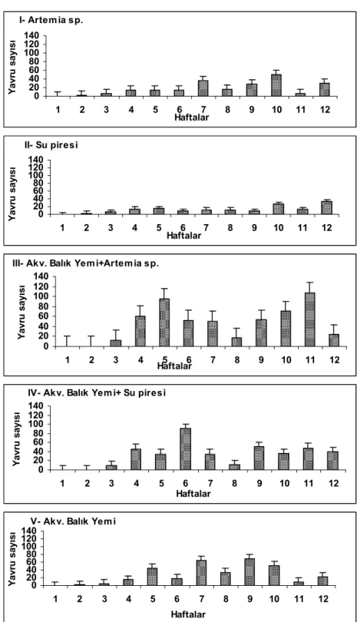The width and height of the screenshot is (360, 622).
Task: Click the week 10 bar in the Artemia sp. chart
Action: coord(276,85)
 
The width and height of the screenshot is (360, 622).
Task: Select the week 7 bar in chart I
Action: coord(203,88)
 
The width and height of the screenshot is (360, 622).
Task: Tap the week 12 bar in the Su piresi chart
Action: coord(326,208)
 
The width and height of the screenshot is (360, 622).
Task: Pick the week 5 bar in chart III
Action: coord(164,323)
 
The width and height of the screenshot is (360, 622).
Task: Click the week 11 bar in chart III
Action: coord(310,319)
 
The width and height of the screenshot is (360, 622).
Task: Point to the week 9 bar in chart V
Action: coord(249,572)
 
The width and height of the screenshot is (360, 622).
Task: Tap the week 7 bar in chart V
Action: coord(201,573)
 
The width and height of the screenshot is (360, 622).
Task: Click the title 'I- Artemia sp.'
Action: coord(51,21)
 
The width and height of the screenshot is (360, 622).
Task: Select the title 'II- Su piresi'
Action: coord(51,145)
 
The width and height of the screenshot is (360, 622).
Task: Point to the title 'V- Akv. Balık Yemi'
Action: coord(73,521)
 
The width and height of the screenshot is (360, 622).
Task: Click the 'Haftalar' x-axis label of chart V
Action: coord(188,614)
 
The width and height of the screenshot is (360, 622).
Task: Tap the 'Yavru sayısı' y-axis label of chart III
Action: coord(21,313)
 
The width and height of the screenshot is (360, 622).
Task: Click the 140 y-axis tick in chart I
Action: coord(31,35)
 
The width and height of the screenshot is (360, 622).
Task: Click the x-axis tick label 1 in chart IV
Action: coord(63,483)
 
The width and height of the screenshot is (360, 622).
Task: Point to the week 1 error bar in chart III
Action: coord(67,341)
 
